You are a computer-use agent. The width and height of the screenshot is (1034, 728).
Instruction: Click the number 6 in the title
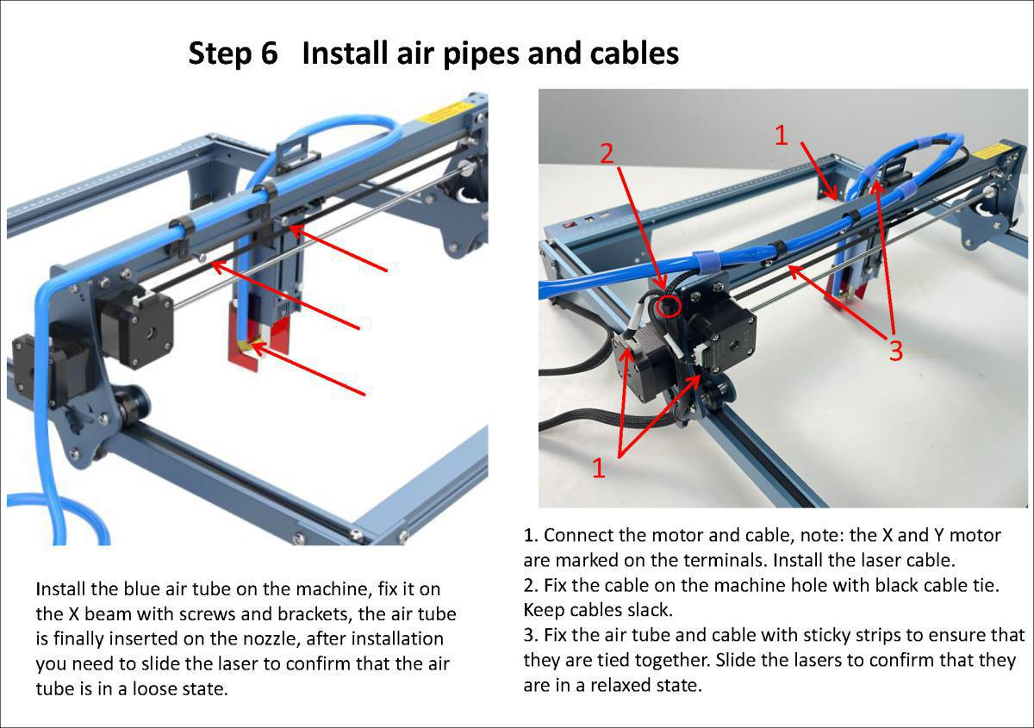(x=267, y=53)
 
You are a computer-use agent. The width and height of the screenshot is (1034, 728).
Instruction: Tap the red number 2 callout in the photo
(x=607, y=153)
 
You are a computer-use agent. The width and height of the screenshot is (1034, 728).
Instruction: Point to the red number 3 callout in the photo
(x=895, y=352)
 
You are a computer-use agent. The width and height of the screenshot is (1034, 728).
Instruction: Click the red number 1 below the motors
(x=599, y=467)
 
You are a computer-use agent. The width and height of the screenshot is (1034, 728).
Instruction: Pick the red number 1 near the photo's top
(x=781, y=135)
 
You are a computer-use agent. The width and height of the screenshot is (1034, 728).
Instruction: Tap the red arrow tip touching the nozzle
(x=251, y=347)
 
